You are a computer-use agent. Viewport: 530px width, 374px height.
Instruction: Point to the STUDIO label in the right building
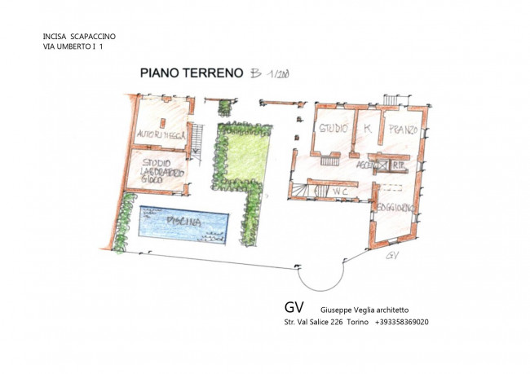[x=333, y=129]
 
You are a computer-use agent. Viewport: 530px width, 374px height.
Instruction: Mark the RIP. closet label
[x=400, y=164]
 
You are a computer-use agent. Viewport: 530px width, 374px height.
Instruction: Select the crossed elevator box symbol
[x=382, y=164]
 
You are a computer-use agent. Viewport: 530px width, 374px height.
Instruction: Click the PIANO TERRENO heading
[x=192, y=73]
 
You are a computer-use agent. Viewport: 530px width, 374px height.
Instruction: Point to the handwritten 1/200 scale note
[x=279, y=73]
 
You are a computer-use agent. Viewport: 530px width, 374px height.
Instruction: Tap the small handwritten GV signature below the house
[x=393, y=255]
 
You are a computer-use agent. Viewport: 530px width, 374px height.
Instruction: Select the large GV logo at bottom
[x=294, y=308]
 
